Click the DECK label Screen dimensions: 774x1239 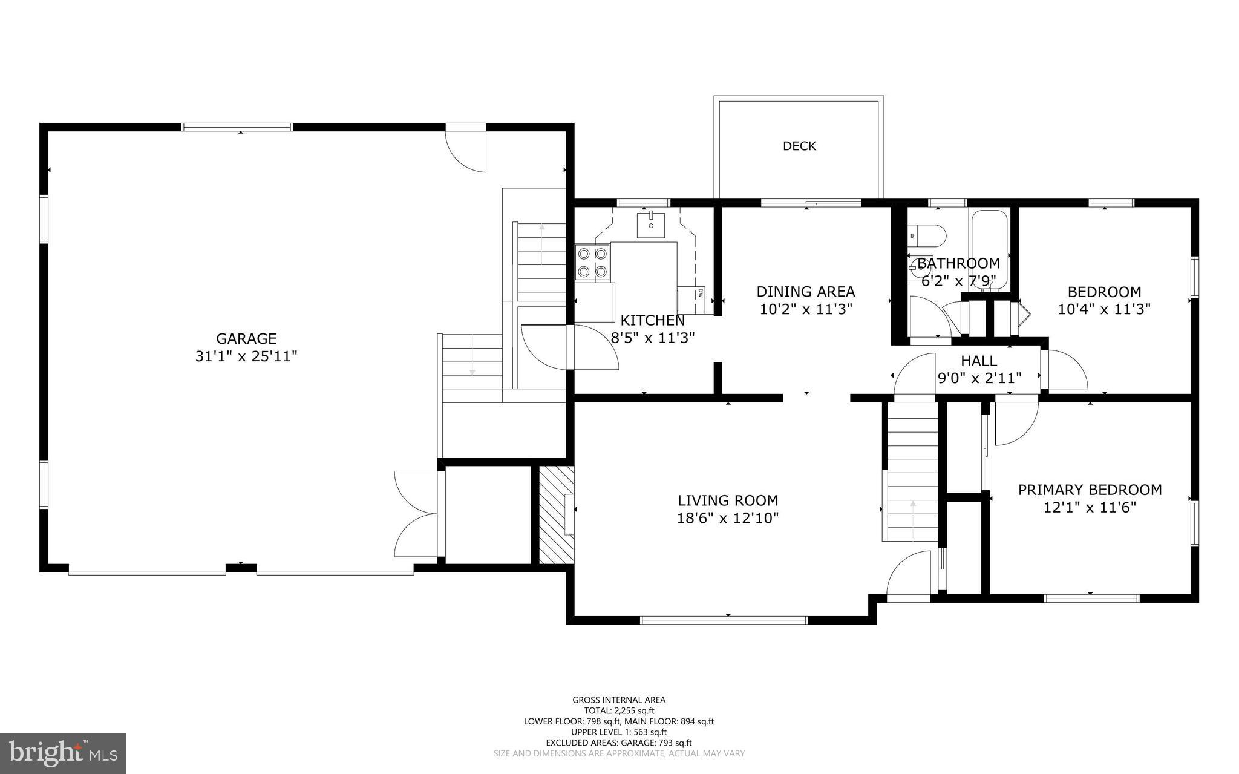(799, 146)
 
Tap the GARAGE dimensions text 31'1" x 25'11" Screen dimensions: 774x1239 (246, 356)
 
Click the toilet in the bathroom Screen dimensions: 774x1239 (928, 235)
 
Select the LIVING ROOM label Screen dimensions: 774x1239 (728, 500)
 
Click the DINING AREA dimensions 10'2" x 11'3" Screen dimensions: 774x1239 (806, 309)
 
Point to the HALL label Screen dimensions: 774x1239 (979, 361)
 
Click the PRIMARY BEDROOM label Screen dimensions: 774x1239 (1090, 490)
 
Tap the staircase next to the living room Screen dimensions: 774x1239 (912, 472)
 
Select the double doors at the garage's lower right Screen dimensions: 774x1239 (416, 514)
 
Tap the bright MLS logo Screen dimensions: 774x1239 (62, 753)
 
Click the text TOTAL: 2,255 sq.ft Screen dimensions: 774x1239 (619, 711)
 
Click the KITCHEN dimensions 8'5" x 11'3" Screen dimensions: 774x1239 (652, 338)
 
